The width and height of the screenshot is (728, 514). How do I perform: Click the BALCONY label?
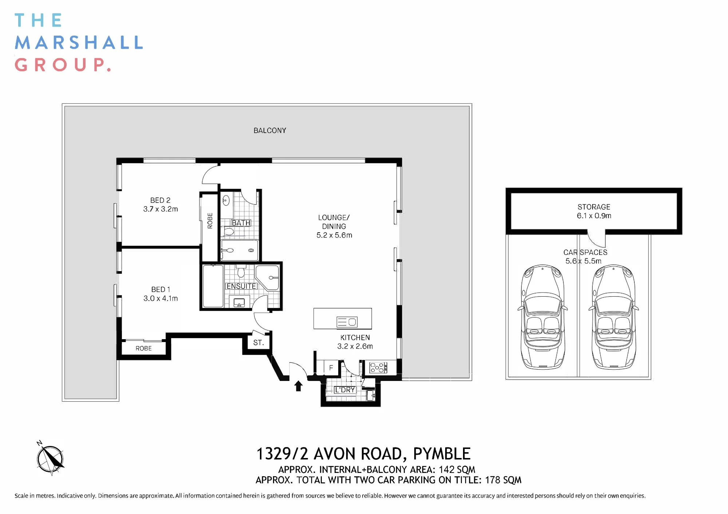270,130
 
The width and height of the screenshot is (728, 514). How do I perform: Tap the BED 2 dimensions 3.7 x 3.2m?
161,209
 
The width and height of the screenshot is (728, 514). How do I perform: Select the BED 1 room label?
161,289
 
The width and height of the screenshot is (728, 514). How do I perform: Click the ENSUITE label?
241,286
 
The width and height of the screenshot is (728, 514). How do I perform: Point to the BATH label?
241,223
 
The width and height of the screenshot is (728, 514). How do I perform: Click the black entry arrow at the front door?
298,386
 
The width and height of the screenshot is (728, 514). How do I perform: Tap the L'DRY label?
345,390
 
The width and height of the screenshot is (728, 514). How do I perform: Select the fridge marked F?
331,368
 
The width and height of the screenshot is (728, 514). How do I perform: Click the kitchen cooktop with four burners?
378,368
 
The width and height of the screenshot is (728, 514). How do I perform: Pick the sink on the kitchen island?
347,322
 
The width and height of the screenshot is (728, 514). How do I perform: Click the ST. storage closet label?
258,343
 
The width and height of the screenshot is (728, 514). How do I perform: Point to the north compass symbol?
50,458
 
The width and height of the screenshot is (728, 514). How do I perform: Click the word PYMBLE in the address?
442,454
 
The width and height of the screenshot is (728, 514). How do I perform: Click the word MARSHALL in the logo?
79,43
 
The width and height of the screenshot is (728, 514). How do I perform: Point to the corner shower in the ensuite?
268,278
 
